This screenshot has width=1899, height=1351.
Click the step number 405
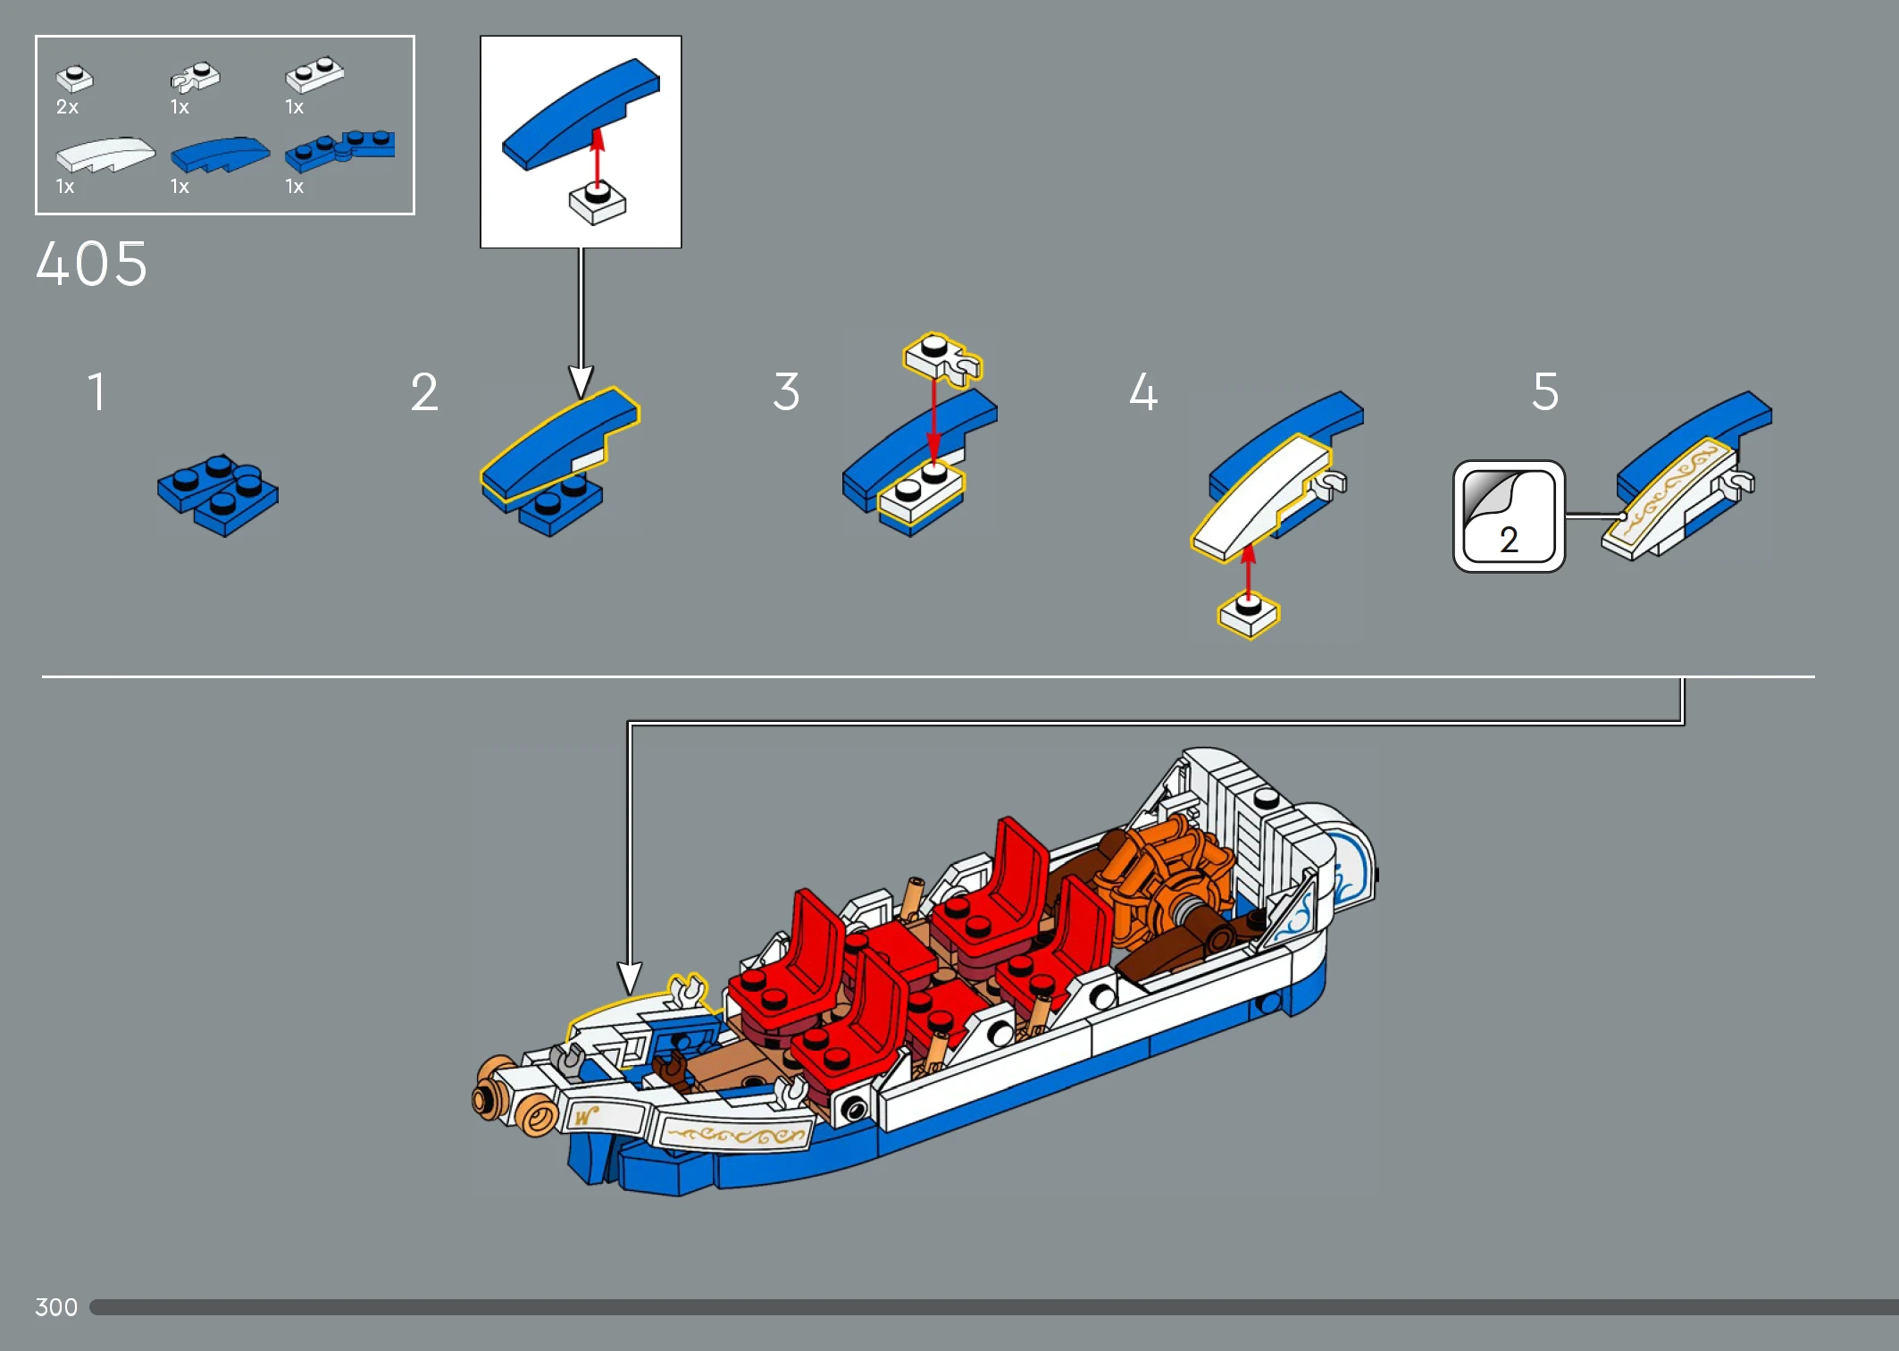pyautogui.click(x=92, y=264)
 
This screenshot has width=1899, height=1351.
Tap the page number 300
pyautogui.click(x=56, y=1307)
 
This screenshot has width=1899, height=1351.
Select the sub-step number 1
pyautogui.click(x=96, y=392)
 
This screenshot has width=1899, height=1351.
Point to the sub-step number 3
pyautogui.click(x=786, y=392)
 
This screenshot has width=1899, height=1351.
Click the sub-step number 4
pyautogui.click(x=1143, y=392)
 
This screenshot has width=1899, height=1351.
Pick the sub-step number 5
pyautogui.click(x=1545, y=392)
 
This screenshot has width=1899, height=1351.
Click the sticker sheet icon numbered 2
pyautogui.click(x=1509, y=516)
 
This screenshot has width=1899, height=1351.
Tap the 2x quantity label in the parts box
pyautogui.click(x=67, y=107)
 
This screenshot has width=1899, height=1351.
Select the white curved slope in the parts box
pyautogui.click(x=105, y=154)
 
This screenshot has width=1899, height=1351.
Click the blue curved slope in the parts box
pyautogui.click(x=220, y=154)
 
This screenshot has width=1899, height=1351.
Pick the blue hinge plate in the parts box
pyautogui.click(x=340, y=150)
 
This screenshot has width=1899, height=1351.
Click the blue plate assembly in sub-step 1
pyautogui.click(x=218, y=495)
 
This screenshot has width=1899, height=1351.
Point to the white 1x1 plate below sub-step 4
pyautogui.click(x=1249, y=614)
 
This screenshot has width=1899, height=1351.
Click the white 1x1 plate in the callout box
pyautogui.click(x=598, y=203)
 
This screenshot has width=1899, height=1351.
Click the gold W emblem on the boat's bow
pyautogui.click(x=585, y=1116)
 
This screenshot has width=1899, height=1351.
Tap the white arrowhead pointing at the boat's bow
pyautogui.click(x=630, y=978)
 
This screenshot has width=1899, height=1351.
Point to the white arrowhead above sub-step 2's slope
pyautogui.click(x=581, y=382)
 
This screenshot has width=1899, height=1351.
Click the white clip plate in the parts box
pyautogui.click(x=195, y=77)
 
